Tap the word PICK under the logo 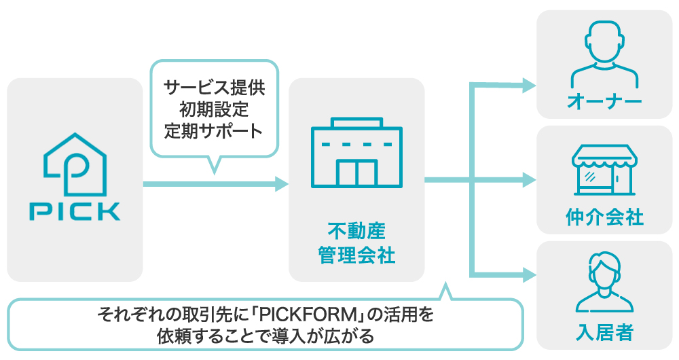(75, 211)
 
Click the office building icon (356, 154)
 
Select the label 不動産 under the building (356, 231)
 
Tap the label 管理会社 (356, 255)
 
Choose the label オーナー (604, 103)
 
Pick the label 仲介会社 (604, 218)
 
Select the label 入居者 (604, 333)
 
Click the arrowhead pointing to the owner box (528, 85)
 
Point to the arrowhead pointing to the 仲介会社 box (528, 181)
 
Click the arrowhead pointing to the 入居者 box (528, 275)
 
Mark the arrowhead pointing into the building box (280, 183)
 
